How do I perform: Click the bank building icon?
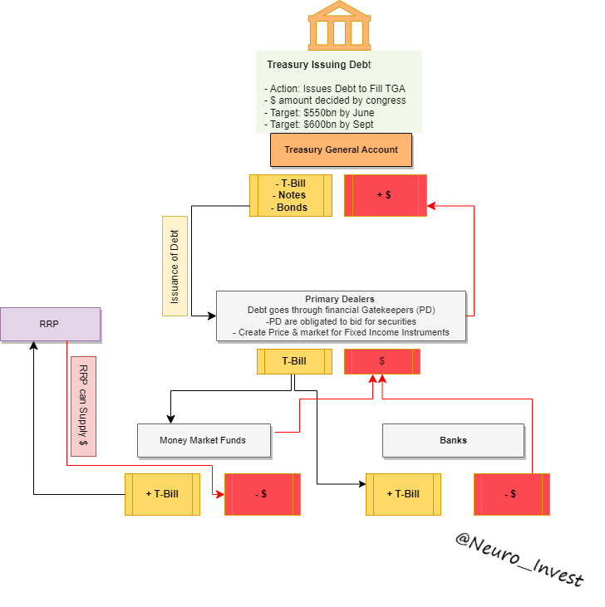pos(339,26)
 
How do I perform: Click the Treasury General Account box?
pos(341,150)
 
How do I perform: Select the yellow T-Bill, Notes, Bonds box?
pos(291,195)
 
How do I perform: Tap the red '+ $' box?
pos(385,195)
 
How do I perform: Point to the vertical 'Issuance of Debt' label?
pos(175,266)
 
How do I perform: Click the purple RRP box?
pos(50,324)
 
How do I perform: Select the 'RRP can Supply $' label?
pos(83,406)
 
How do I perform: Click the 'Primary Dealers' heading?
pos(340,299)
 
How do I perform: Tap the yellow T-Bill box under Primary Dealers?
pos(294,361)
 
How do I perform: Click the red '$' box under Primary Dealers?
pos(382,361)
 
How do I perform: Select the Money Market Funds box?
pos(204,440)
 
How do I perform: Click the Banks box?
pos(453,440)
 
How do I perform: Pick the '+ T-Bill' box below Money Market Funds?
pos(162,494)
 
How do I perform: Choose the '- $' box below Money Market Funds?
pos(262,494)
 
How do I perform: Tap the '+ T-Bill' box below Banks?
pos(403,494)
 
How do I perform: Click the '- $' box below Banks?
pos(512,494)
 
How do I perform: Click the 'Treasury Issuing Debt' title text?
pos(319,65)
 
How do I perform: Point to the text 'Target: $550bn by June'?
pos(319,113)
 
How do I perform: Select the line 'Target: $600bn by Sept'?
pos(319,125)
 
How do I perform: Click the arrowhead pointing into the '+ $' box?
pos(431,206)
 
